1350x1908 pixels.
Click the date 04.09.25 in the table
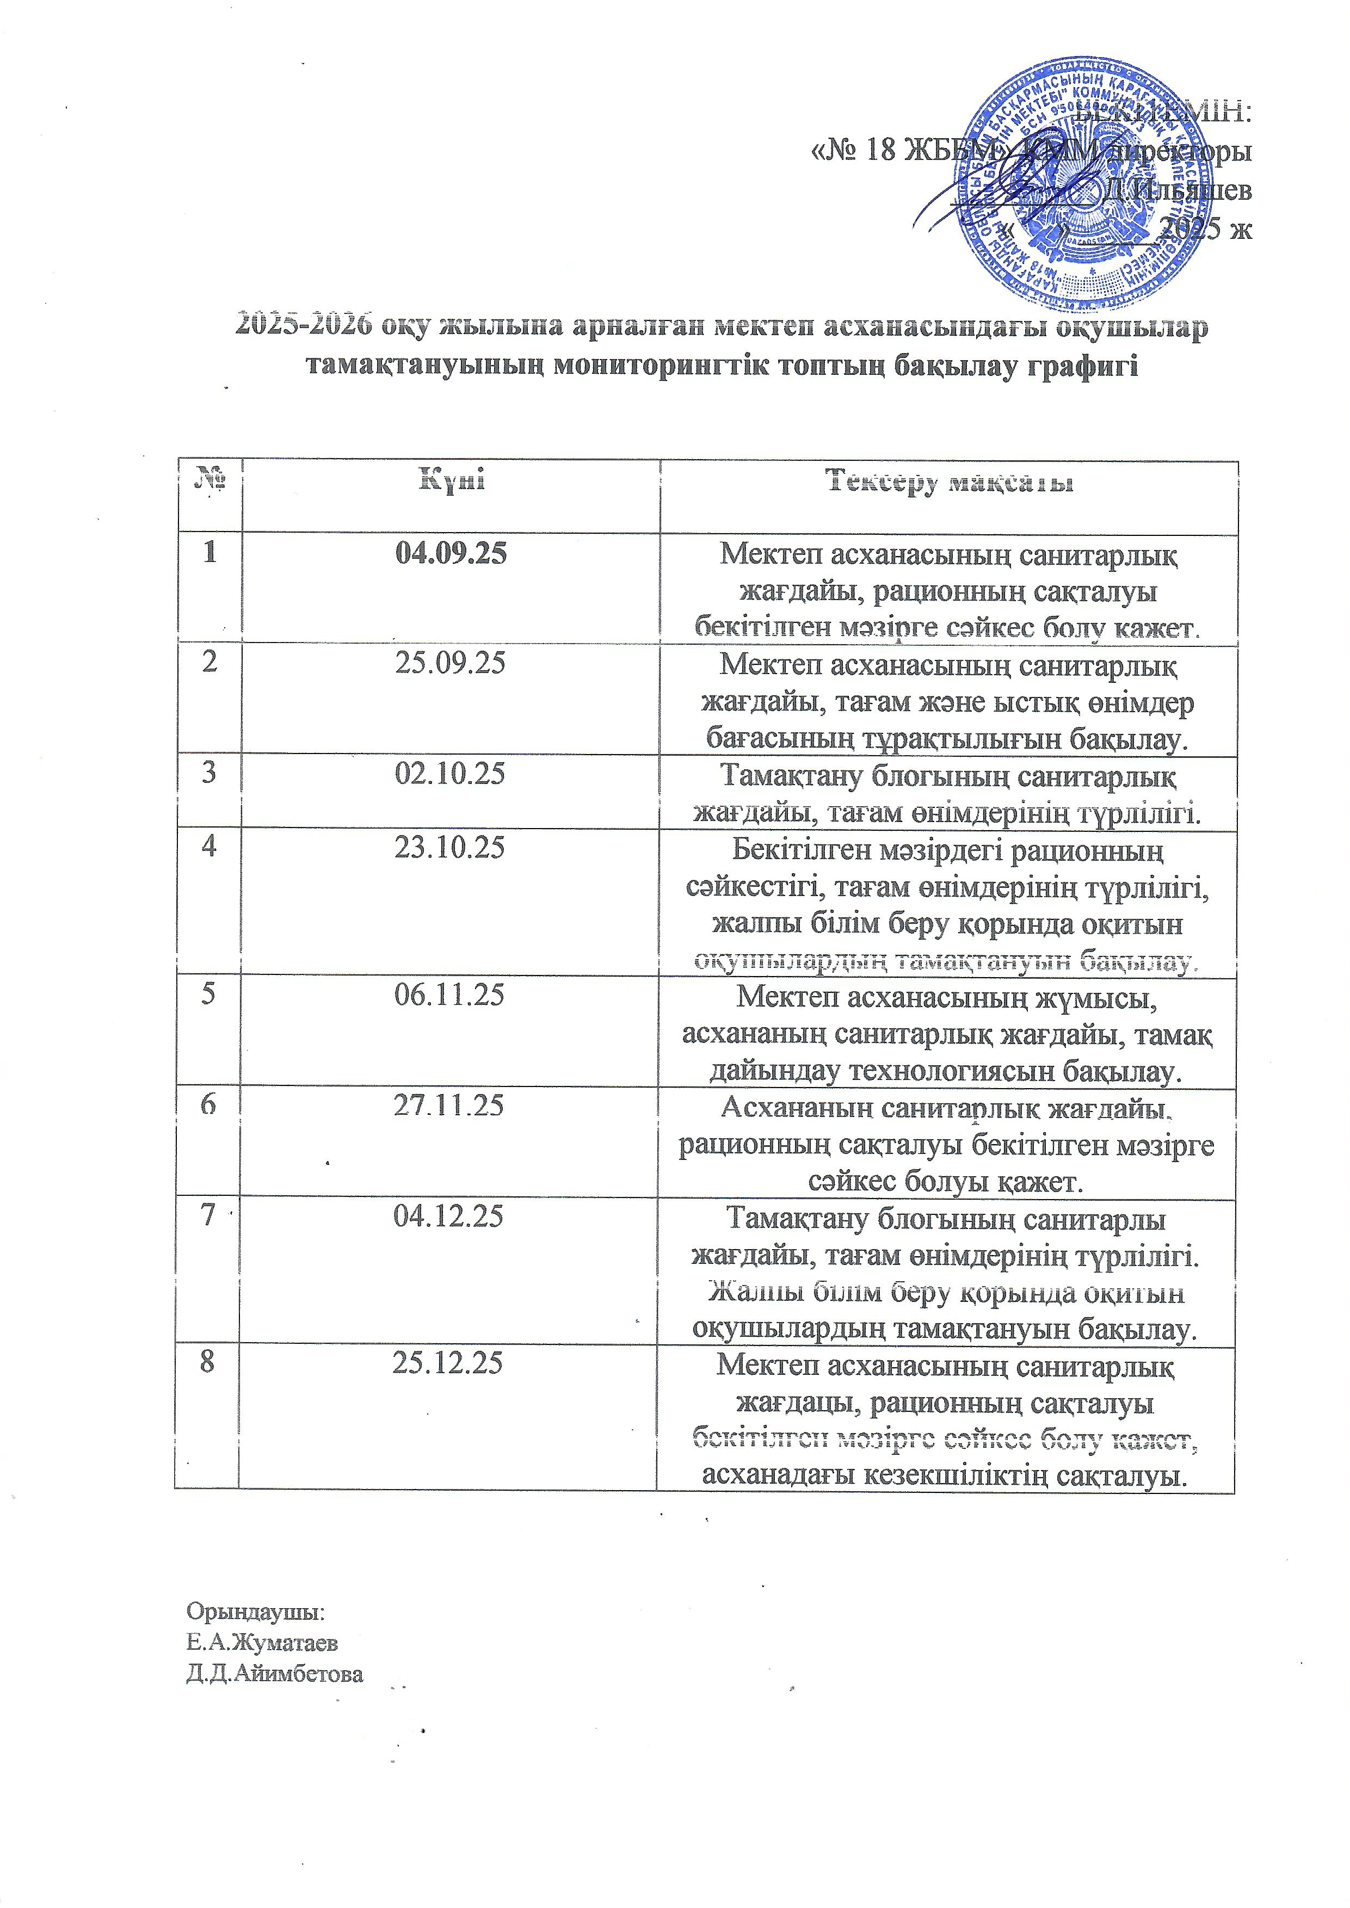pyautogui.click(x=451, y=554)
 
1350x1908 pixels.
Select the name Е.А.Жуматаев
pyautogui.click(x=262, y=1643)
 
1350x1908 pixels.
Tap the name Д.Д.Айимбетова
pyautogui.click(x=274, y=1674)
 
